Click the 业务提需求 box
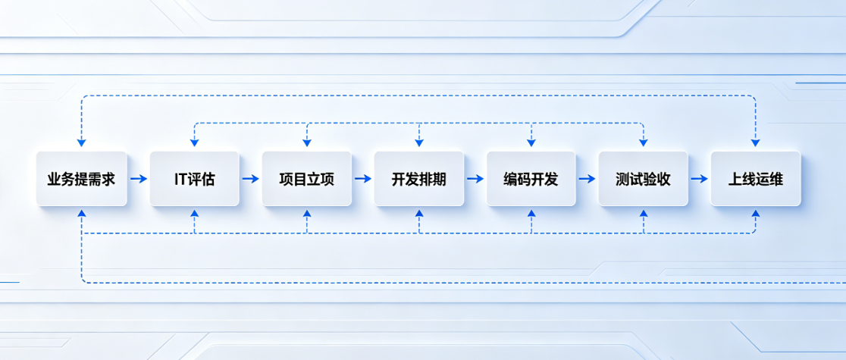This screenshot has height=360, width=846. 81,179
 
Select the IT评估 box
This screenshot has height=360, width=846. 194,179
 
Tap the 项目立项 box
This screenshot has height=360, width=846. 306,179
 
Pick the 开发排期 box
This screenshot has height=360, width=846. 418,179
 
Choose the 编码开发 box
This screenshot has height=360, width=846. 531,179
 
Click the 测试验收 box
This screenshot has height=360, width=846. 643,179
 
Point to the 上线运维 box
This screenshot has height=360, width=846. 755,179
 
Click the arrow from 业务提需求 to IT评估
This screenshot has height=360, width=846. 138,179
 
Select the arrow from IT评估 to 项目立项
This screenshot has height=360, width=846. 250,179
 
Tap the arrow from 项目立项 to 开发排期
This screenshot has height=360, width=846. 362,179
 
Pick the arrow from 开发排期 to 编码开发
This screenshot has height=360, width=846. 475,179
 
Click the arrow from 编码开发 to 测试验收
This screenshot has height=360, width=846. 587,179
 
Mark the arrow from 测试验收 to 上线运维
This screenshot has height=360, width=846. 699,179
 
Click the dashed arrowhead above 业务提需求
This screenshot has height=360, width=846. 81,142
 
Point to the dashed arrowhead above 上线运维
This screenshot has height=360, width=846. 755,142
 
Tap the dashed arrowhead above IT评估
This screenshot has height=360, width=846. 194,142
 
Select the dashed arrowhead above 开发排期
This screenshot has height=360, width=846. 418,142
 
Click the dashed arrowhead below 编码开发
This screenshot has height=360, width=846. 531,214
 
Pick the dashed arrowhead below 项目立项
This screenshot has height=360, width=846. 306,214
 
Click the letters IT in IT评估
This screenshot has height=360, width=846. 180,180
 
